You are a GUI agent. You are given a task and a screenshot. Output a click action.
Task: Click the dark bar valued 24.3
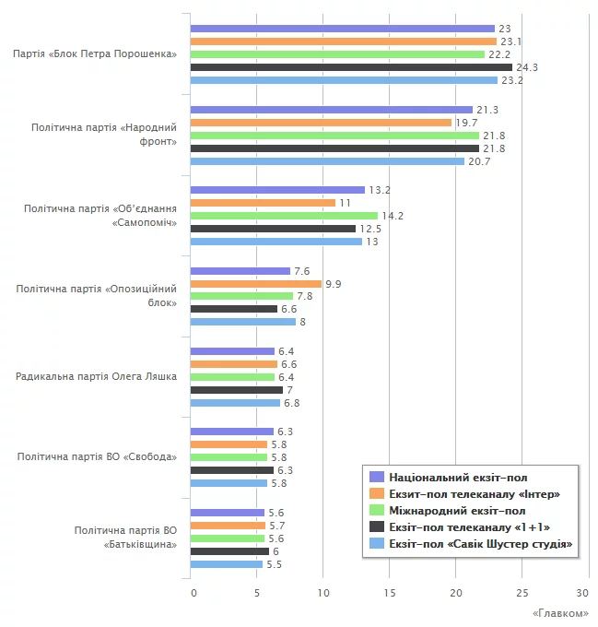click(351, 67)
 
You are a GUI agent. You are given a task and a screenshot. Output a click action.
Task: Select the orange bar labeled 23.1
click(343, 41)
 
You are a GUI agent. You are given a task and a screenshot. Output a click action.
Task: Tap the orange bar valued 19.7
click(321, 123)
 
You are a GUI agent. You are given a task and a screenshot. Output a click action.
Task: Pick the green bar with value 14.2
click(284, 216)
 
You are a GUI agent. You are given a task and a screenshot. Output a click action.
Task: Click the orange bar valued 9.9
click(255, 284)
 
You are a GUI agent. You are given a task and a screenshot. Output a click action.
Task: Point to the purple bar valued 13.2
click(277, 190)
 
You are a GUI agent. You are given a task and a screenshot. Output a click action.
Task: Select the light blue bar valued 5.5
click(226, 564)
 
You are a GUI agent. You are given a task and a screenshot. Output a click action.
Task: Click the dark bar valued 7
click(236, 390)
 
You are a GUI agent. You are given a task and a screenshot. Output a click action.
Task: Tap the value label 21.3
click(487, 110)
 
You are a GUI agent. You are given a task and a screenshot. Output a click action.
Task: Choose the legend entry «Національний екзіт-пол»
click(458, 478)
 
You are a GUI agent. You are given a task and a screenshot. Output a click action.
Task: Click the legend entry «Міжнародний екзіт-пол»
click(457, 511)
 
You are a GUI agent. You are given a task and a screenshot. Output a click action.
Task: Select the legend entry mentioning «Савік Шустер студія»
click(480, 545)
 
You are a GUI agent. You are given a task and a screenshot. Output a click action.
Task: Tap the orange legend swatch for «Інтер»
click(376, 494)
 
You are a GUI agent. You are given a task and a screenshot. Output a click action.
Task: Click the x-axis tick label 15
click(390, 592)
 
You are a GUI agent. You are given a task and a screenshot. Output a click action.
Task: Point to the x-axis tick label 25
click(522, 592)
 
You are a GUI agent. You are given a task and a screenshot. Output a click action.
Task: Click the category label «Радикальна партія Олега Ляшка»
click(97, 376)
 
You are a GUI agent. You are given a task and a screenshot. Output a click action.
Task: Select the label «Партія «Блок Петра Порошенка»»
click(95, 54)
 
